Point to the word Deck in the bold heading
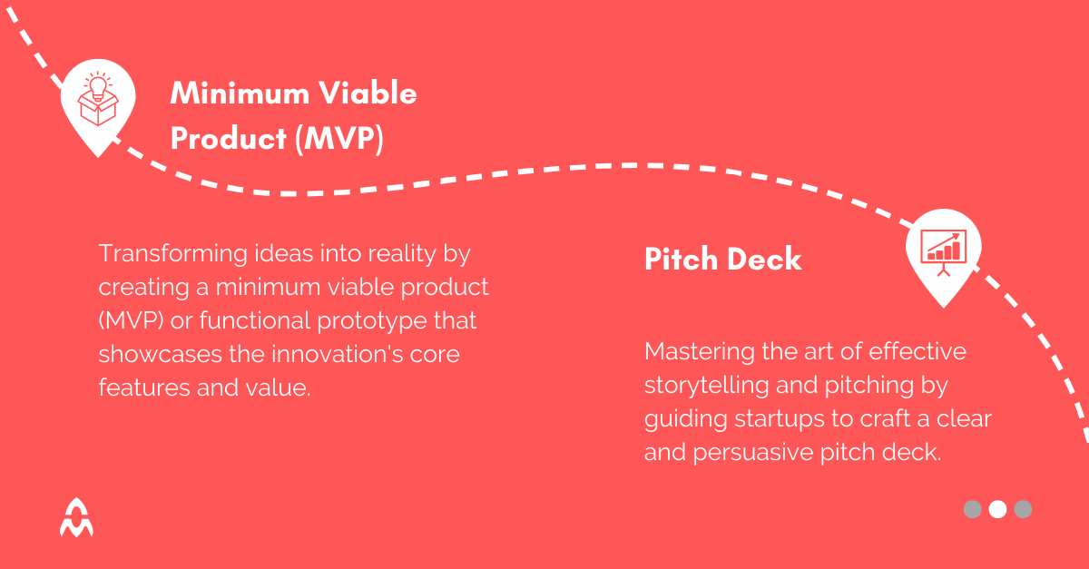click(764, 260)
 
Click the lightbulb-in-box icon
click(97, 101)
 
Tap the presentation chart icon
click(943, 248)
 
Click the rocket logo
click(76, 516)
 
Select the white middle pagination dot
click(997, 509)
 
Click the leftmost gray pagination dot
click(972, 509)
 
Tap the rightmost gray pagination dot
click(1023, 509)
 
